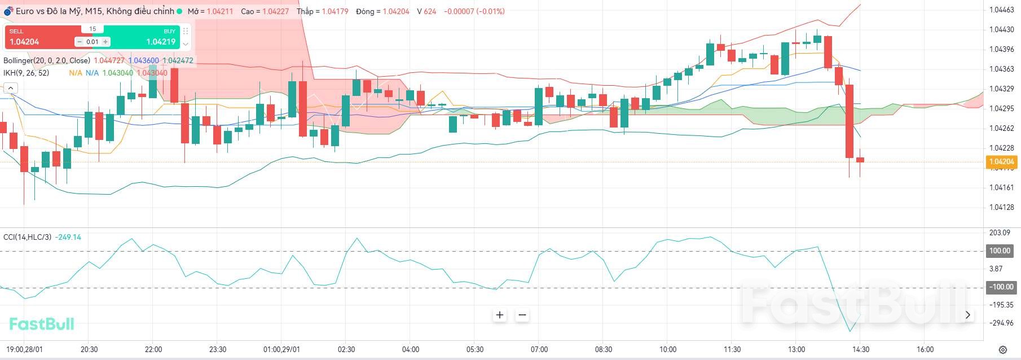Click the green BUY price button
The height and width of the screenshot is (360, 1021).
[x=152, y=37]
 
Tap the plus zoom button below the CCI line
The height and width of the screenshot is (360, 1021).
[x=500, y=315]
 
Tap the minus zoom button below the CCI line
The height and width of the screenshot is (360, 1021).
[x=522, y=315]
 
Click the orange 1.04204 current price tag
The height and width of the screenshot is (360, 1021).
[x=1001, y=162]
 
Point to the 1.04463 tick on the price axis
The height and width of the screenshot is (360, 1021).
[x=1001, y=10]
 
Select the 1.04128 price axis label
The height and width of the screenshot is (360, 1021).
[x=1001, y=207]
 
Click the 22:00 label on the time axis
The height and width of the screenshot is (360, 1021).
[x=153, y=349]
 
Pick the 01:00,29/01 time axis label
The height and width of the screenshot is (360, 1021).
[x=281, y=349]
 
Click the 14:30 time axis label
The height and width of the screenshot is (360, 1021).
[x=860, y=349]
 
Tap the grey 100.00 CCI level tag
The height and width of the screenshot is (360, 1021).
[x=1000, y=251]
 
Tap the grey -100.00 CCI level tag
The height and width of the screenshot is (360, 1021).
[x=1001, y=287]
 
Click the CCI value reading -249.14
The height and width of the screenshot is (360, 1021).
[x=69, y=237]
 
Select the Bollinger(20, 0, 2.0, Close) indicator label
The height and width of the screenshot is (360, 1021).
[x=47, y=60]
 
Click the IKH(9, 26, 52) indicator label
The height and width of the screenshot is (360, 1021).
[x=26, y=73]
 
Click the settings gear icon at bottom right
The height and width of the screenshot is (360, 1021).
[x=1002, y=350]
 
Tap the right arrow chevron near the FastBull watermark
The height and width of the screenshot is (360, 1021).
[x=968, y=315]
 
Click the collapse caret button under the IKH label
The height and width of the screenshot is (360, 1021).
[x=11, y=88]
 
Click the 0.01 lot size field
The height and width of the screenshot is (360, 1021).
[x=93, y=42]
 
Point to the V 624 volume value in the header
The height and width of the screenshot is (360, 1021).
[x=426, y=11]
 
